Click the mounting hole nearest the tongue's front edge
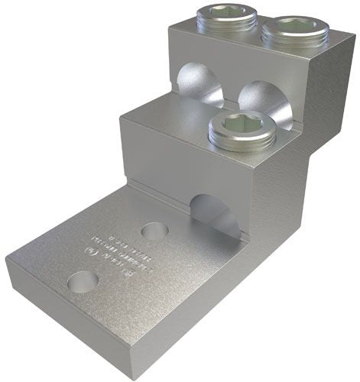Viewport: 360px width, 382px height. [83, 283]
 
